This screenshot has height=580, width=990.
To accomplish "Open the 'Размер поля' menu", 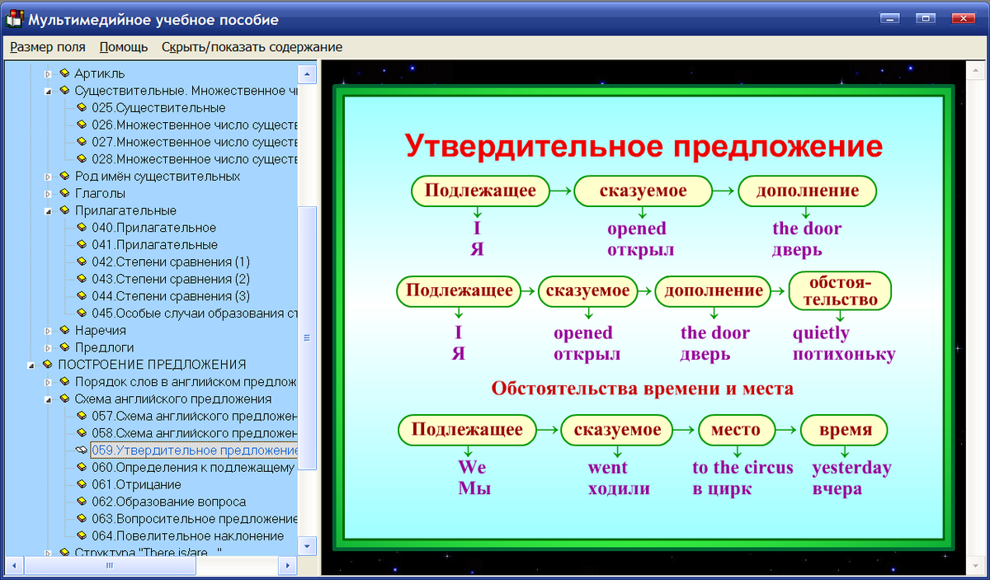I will pyautogui.click(x=48, y=47).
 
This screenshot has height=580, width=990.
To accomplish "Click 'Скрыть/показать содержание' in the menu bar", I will pyautogui.click(x=252, y=47).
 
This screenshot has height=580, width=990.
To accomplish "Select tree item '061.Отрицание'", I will pyautogui.click(x=148, y=484).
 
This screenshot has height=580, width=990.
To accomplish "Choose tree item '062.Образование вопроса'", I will pyautogui.click(x=180, y=502).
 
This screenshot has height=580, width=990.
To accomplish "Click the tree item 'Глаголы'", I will pyautogui.click(x=100, y=193).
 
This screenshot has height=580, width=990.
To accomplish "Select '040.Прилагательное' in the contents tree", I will pyautogui.click(x=165, y=228).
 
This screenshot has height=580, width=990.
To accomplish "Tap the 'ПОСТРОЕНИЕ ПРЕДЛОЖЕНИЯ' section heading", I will pyautogui.click(x=152, y=364).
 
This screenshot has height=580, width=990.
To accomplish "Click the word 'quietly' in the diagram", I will pyautogui.click(x=821, y=333).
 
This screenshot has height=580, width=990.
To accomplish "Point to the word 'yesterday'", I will pyautogui.click(x=851, y=468).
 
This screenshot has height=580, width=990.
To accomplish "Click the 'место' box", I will pyautogui.click(x=735, y=430).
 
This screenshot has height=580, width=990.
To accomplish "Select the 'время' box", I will pyautogui.click(x=845, y=430).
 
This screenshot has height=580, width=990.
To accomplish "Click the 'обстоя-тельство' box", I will pyautogui.click(x=840, y=291).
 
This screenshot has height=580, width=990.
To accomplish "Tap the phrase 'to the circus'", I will pyautogui.click(x=742, y=468).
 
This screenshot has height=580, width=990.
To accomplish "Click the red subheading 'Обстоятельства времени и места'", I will pyautogui.click(x=642, y=388).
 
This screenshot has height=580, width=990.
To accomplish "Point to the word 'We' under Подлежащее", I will pyautogui.click(x=472, y=468).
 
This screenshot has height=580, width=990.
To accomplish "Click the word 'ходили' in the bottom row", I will pyautogui.click(x=619, y=488).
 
